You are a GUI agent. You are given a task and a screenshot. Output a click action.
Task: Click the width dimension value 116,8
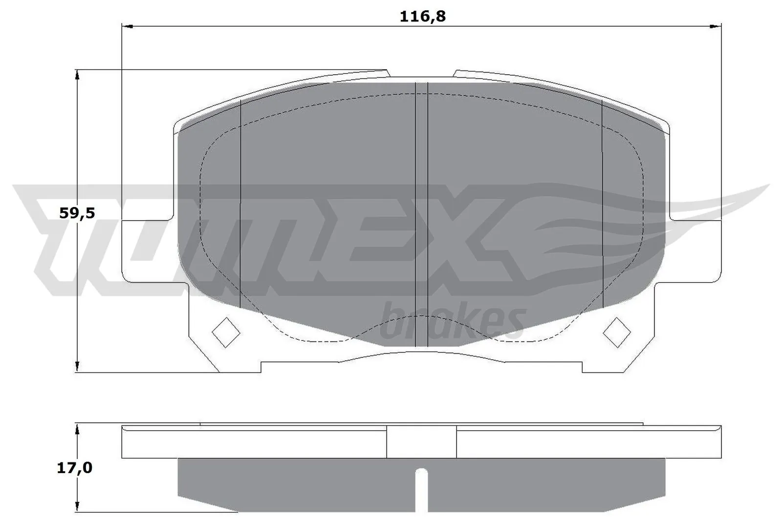[422, 17]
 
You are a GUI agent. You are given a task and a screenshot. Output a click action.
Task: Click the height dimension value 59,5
[76, 213]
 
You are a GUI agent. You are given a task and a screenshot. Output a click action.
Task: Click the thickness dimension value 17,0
[75, 468]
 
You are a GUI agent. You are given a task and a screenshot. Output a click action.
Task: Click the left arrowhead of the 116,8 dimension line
[127, 26]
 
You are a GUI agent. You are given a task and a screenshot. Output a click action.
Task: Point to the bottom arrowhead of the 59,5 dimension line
[77, 367]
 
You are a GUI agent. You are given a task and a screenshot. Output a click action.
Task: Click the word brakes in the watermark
[452, 322]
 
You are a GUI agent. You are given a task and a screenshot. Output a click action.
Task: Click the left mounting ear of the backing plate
[147, 251]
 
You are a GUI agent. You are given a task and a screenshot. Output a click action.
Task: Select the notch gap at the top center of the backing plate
[421, 73]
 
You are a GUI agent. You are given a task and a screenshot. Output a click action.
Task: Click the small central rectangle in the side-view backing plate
[421, 442]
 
